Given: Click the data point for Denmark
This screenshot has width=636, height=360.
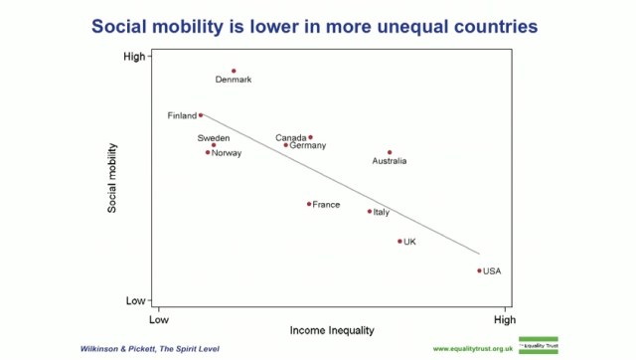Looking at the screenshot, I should point(234,71).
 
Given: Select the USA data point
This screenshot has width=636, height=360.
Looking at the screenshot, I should point(479,270).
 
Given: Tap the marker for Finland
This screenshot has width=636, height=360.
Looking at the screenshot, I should point(201,115).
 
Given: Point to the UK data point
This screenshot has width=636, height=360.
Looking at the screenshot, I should point(400,242).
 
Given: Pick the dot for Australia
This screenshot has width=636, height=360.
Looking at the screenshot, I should point(390,152).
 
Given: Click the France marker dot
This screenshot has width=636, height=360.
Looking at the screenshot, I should point(309,204).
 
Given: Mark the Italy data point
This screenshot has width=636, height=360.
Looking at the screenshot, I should point(370,211).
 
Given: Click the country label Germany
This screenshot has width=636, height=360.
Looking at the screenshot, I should point(307,145).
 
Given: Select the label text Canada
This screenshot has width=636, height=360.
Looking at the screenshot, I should point(291,137).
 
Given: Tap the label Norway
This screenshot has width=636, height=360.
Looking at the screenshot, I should point(228,153).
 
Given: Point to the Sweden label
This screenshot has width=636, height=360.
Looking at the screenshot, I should point(214,137).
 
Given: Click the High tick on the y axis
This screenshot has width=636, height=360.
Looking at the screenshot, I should point(133,57).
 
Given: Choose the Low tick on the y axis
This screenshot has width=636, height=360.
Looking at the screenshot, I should point(134,300).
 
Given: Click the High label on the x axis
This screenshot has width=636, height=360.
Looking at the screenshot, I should point(505,319).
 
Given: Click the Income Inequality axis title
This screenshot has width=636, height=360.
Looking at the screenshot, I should point(332,329).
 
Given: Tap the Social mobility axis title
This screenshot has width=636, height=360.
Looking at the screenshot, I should point(112,179).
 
